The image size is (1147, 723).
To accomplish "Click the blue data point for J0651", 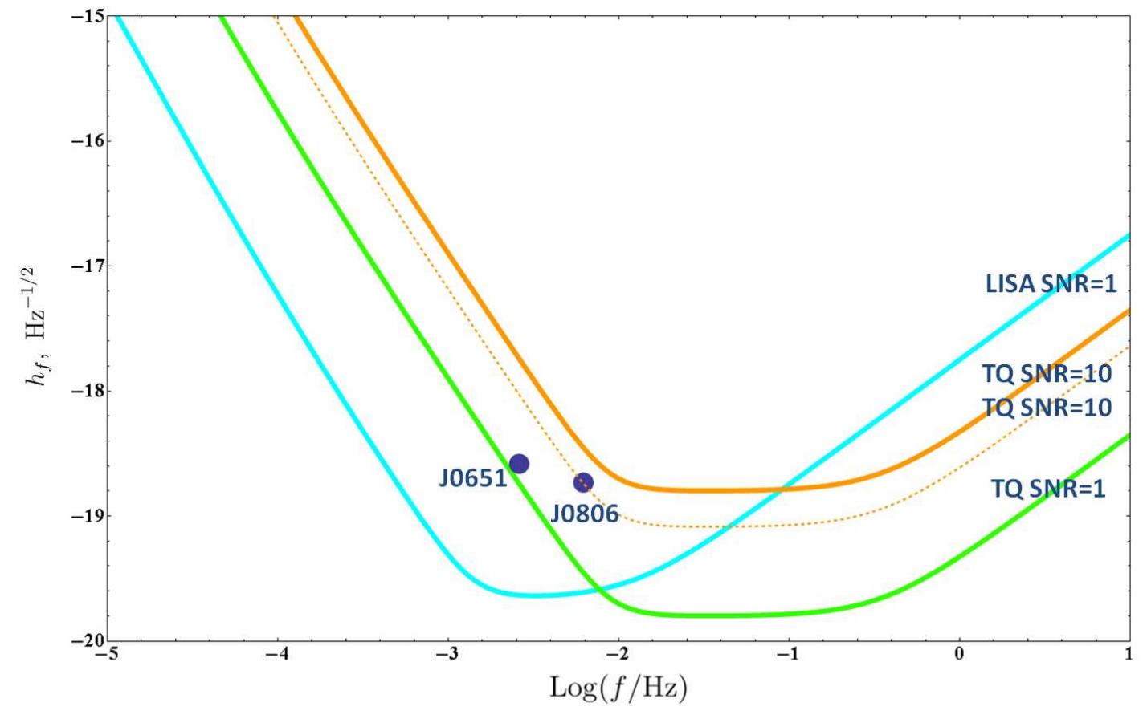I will point(519,463).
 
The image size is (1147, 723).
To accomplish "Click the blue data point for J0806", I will point(583,482).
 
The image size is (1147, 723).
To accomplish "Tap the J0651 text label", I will point(473,478).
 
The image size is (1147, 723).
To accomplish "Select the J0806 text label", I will point(584,514).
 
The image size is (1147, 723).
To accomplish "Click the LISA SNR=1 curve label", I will point(1051,283).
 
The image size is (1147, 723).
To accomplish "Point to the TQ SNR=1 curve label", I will point(1047,488).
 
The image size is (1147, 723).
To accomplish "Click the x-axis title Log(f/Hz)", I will point(618,688).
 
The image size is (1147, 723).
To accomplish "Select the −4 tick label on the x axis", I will point(277,654).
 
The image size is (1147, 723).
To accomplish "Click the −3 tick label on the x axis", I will point(447,654).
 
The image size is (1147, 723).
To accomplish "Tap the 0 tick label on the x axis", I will point(958,654).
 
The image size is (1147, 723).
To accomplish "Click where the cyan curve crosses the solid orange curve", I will point(786,488).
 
